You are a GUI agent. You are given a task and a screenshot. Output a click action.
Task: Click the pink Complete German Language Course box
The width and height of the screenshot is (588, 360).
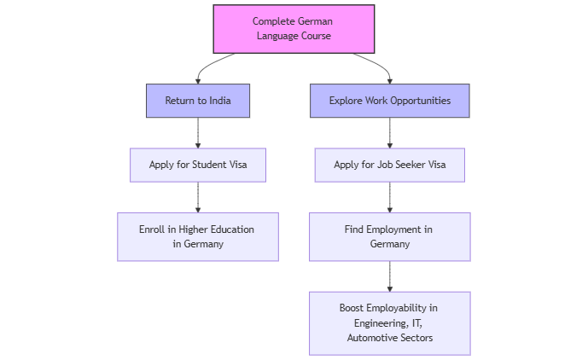[x=294, y=28]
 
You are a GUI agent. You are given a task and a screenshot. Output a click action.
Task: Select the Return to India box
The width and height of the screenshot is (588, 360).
[x=198, y=101]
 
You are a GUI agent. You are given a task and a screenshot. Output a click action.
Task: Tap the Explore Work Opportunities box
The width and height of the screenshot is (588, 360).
[x=390, y=101]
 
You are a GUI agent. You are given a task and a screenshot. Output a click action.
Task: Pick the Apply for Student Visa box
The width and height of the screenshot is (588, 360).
[x=198, y=165]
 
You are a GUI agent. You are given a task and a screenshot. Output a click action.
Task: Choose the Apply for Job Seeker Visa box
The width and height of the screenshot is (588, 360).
[x=390, y=165]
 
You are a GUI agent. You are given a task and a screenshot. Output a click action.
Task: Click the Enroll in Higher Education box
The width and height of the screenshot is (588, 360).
[x=198, y=236]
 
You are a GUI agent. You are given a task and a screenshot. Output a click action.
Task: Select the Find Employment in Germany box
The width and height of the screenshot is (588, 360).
[x=390, y=236]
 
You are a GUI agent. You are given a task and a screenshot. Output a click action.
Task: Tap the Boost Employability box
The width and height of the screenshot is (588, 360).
[x=390, y=323]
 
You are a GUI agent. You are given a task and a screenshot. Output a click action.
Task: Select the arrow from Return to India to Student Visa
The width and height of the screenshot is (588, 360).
[x=198, y=133]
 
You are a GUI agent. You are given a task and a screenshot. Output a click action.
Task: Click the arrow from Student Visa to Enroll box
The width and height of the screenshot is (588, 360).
[x=198, y=197]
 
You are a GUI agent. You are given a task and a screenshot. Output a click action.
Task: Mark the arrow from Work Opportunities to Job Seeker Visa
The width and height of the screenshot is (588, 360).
[x=390, y=133]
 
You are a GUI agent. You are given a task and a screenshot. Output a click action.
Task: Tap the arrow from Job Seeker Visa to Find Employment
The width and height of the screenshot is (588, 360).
[x=390, y=197]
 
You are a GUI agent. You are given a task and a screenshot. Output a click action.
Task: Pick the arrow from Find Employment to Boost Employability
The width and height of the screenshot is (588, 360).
[x=390, y=276]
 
